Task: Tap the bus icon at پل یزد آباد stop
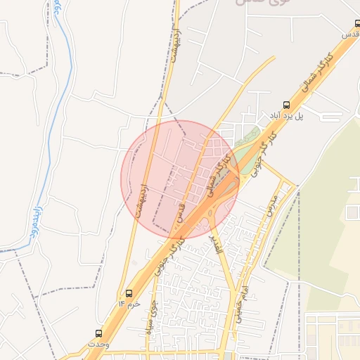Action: [285, 104]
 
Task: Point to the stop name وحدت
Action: [98, 345]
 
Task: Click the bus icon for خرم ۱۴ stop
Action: [129, 292]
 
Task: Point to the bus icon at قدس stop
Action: [357, 22]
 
